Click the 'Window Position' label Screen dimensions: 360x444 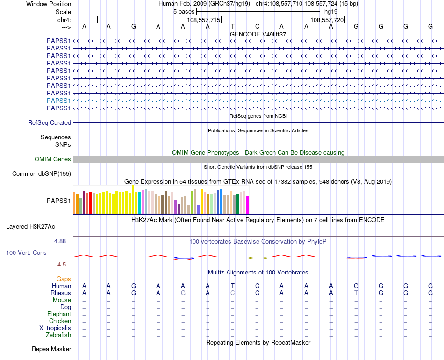[x=49, y=4]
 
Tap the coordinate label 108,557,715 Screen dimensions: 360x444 [x=203, y=20]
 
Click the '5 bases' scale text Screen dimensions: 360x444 [x=184, y=11]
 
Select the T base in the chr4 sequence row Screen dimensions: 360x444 [x=232, y=27]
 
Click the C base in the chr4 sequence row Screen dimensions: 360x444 [x=257, y=27]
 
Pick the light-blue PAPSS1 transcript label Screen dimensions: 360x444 [x=58, y=101]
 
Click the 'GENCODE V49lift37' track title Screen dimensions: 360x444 [x=258, y=34]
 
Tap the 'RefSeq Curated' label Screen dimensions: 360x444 [x=50, y=123]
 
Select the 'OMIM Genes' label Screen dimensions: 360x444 [x=53, y=159]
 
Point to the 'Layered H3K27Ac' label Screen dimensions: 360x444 [x=30, y=227]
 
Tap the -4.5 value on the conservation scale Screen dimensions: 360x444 [x=61, y=264]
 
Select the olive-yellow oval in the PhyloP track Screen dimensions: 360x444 [x=257, y=258]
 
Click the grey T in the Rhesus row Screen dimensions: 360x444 [x=356, y=293]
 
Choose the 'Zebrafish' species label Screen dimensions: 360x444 [x=58, y=335]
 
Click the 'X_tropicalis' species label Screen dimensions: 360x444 [x=55, y=328]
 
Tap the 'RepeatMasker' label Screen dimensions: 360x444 [x=51, y=349]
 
